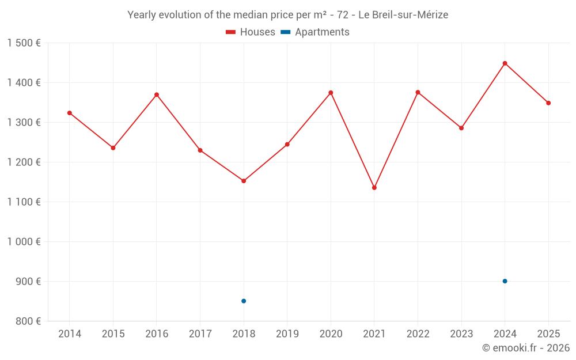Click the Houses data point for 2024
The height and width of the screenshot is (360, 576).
click(x=505, y=63)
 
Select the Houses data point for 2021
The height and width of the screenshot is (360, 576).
click(x=374, y=188)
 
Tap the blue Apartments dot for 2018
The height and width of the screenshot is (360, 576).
click(x=244, y=301)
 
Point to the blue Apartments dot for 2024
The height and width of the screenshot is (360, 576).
click(x=505, y=281)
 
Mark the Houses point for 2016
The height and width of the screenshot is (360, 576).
click(x=157, y=95)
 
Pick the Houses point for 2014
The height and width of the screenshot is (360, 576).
click(x=70, y=113)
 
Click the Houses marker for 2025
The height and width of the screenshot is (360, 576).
click(x=548, y=103)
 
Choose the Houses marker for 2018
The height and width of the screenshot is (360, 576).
click(x=244, y=181)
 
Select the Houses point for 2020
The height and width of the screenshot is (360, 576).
click(x=331, y=93)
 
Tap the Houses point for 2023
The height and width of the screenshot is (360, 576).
click(x=461, y=128)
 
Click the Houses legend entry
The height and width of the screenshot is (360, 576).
click(x=251, y=32)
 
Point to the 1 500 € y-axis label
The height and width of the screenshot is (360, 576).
click(x=24, y=43)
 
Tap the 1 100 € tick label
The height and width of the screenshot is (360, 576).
click(x=24, y=202)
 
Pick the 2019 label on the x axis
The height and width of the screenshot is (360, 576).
click(x=287, y=334)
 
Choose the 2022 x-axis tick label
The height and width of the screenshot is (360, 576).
click(x=418, y=334)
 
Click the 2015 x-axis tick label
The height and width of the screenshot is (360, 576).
click(x=113, y=334)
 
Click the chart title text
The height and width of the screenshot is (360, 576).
click(x=287, y=15)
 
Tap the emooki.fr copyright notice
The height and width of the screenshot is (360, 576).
click(x=526, y=348)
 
